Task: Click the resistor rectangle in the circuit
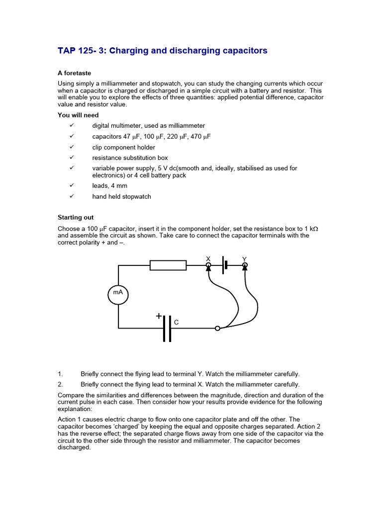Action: (168, 265)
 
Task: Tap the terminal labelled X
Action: (208, 265)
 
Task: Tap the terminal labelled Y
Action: (244, 265)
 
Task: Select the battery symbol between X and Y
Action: (225, 265)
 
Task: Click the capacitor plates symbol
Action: (167, 328)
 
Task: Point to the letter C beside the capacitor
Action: (176, 323)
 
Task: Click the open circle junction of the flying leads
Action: (217, 328)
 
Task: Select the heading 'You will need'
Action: (78, 115)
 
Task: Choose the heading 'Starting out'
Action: (76, 217)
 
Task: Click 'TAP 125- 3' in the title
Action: (79, 51)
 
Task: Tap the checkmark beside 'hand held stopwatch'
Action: (72, 196)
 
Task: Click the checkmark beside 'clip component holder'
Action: (72, 147)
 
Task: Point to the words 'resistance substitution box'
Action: (130, 158)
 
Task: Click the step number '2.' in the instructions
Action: (61, 384)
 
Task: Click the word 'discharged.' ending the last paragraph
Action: (74, 447)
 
